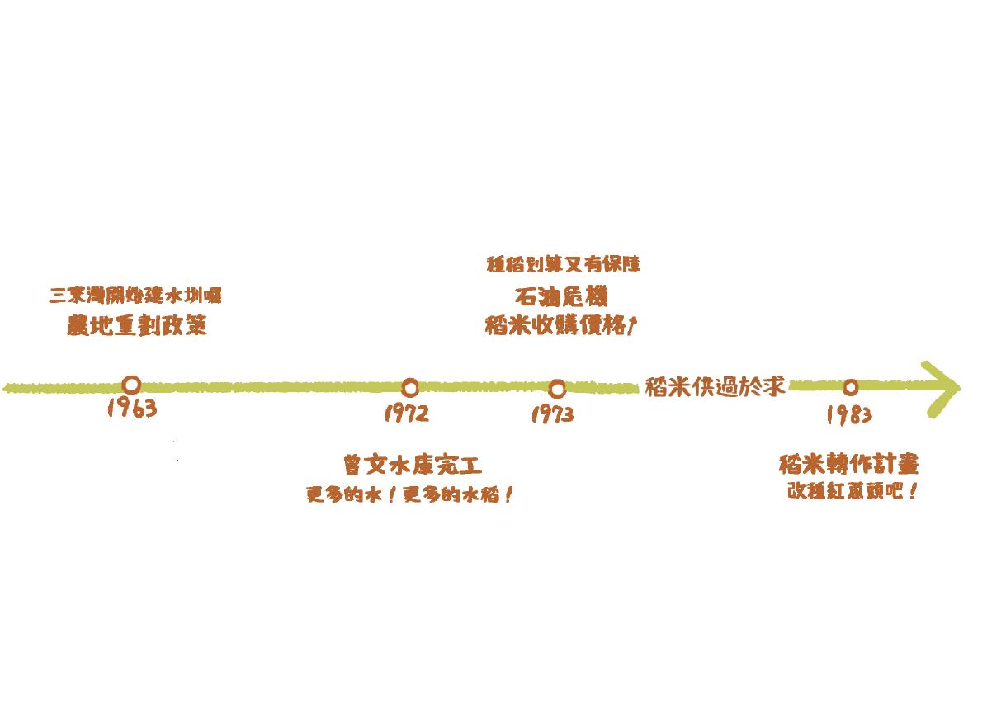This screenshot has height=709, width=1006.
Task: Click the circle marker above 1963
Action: click(x=131, y=385)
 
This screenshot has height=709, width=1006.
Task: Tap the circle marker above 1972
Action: click(x=409, y=387)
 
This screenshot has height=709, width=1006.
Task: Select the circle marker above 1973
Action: click(x=557, y=388)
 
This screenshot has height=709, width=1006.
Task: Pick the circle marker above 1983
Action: click(x=850, y=386)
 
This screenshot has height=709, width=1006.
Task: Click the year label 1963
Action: click(x=132, y=408)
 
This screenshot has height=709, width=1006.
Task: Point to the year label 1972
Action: click(x=407, y=413)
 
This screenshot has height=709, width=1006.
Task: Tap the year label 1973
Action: click(x=552, y=414)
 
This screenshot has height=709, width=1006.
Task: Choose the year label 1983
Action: click(x=849, y=414)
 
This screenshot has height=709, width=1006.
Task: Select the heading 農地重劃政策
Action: click(x=137, y=326)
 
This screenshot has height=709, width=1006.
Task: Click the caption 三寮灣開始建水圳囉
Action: click(x=136, y=295)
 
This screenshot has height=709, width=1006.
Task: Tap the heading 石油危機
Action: click(x=560, y=296)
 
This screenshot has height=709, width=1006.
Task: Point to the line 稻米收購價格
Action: click(x=555, y=327)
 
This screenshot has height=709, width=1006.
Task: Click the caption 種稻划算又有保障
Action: click(x=564, y=265)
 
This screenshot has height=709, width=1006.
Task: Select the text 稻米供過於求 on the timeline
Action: click(x=715, y=386)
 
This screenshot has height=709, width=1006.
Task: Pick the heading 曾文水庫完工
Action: click(x=412, y=466)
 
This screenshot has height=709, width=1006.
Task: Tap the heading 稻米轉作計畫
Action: click(x=848, y=464)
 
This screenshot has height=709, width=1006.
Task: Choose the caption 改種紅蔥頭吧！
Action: click(x=853, y=492)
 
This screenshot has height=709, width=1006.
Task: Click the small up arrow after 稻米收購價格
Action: click(x=631, y=327)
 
